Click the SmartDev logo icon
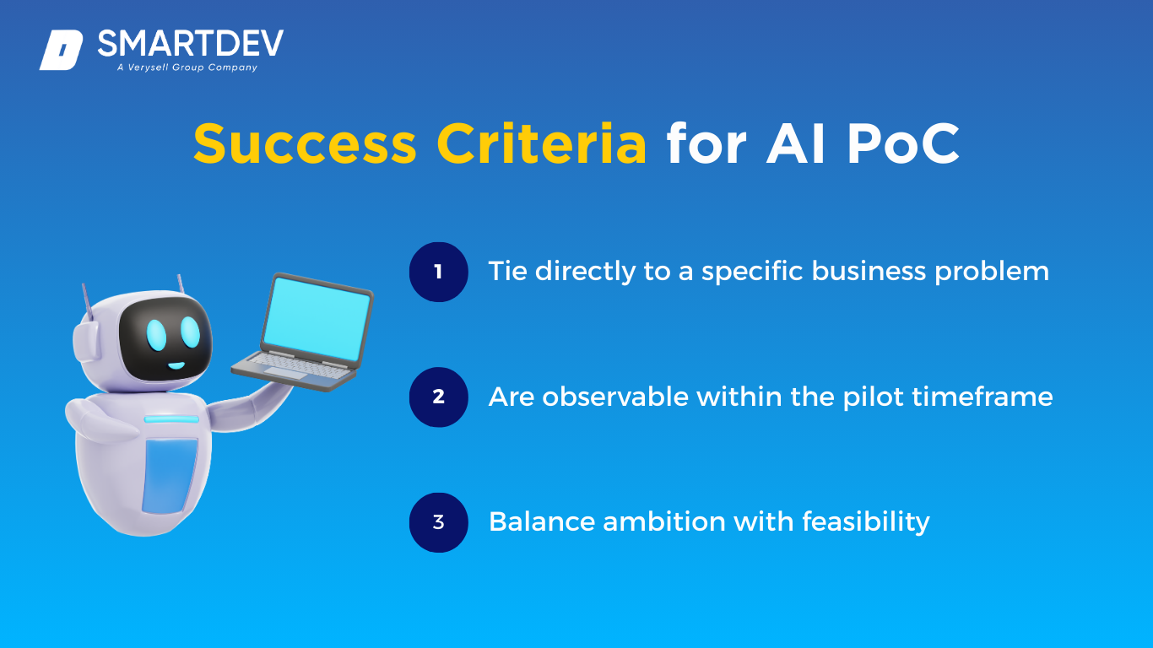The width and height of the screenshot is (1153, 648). pyautogui.click(x=62, y=50)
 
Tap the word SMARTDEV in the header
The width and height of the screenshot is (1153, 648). pyautogui.click(x=191, y=43)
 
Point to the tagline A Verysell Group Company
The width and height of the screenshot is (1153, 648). pyautogui.click(x=187, y=67)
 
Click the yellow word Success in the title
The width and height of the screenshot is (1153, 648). pyautogui.click(x=305, y=143)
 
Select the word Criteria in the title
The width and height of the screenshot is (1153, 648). pyautogui.click(x=542, y=143)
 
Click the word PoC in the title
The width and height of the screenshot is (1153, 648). pyautogui.click(x=903, y=143)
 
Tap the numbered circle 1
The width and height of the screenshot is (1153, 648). pyautogui.click(x=439, y=272)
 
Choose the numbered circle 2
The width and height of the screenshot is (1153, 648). pyautogui.click(x=439, y=397)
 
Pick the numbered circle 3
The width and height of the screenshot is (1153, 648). pyautogui.click(x=439, y=522)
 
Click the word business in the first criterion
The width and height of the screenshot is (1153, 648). pyautogui.click(x=869, y=271)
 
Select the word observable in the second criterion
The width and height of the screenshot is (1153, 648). pyautogui.click(x=615, y=397)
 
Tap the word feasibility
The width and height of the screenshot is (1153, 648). pyautogui.click(x=866, y=522)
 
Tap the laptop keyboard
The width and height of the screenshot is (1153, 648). pyautogui.click(x=294, y=366)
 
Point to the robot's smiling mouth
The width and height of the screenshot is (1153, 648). pyautogui.click(x=176, y=366)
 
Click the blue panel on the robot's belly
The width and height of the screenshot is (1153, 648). pyautogui.click(x=169, y=476)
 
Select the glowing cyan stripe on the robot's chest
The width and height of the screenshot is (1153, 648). pyautogui.click(x=171, y=419)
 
